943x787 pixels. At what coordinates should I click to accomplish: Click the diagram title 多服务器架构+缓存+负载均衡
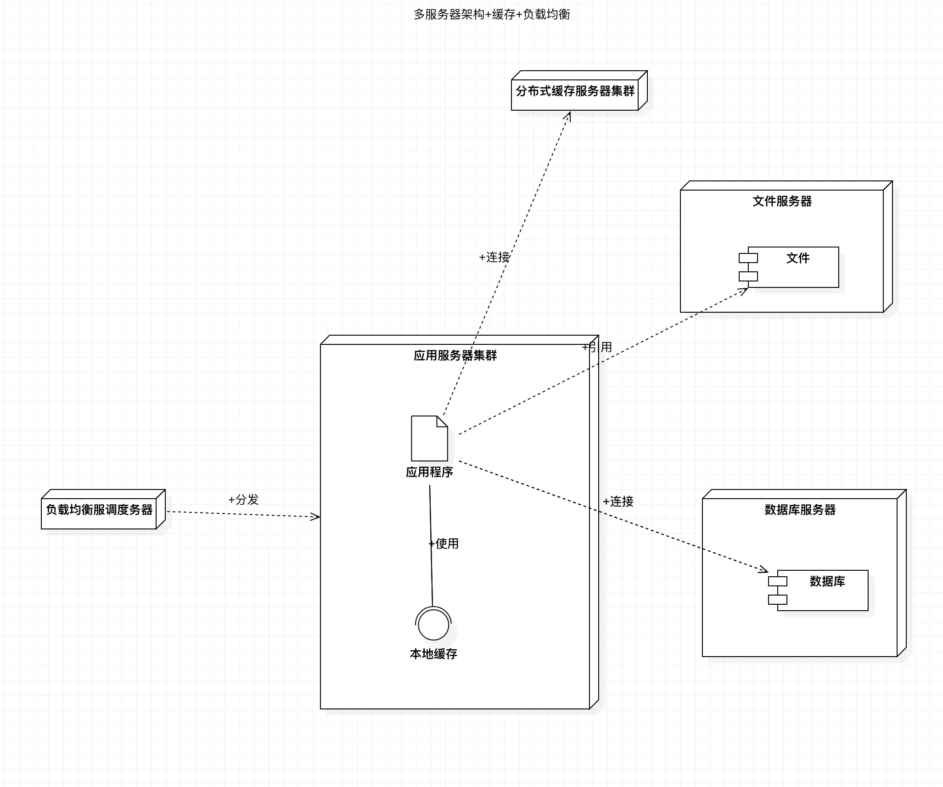[x=492, y=15]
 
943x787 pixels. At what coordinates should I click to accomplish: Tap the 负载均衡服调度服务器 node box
[x=99, y=510]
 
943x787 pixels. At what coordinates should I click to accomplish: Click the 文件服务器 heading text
[x=782, y=201]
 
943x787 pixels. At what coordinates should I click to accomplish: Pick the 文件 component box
[x=793, y=267]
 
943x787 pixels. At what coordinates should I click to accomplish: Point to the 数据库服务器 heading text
[x=800, y=510]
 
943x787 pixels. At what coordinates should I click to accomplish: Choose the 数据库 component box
[x=823, y=590]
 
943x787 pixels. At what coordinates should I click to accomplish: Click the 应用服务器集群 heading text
[x=455, y=355]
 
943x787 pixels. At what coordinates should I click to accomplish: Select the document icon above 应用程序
[x=429, y=438]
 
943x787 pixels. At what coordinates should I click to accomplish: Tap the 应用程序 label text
[x=429, y=472]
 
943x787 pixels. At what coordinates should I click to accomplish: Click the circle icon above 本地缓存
[x=433, y=624]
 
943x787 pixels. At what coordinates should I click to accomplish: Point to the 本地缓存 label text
[x=433, y=654]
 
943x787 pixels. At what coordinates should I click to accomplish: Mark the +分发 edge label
[x=243, y=500]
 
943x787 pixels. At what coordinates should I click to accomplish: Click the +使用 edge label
[x=443, y=544]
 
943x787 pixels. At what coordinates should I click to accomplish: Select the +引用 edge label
[x=597, y=347]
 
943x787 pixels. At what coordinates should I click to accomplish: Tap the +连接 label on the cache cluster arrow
[x=494, y=257]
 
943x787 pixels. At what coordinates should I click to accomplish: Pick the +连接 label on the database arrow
[x=618, y=501]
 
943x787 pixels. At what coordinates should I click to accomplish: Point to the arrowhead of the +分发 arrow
[x=315, y=517]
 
